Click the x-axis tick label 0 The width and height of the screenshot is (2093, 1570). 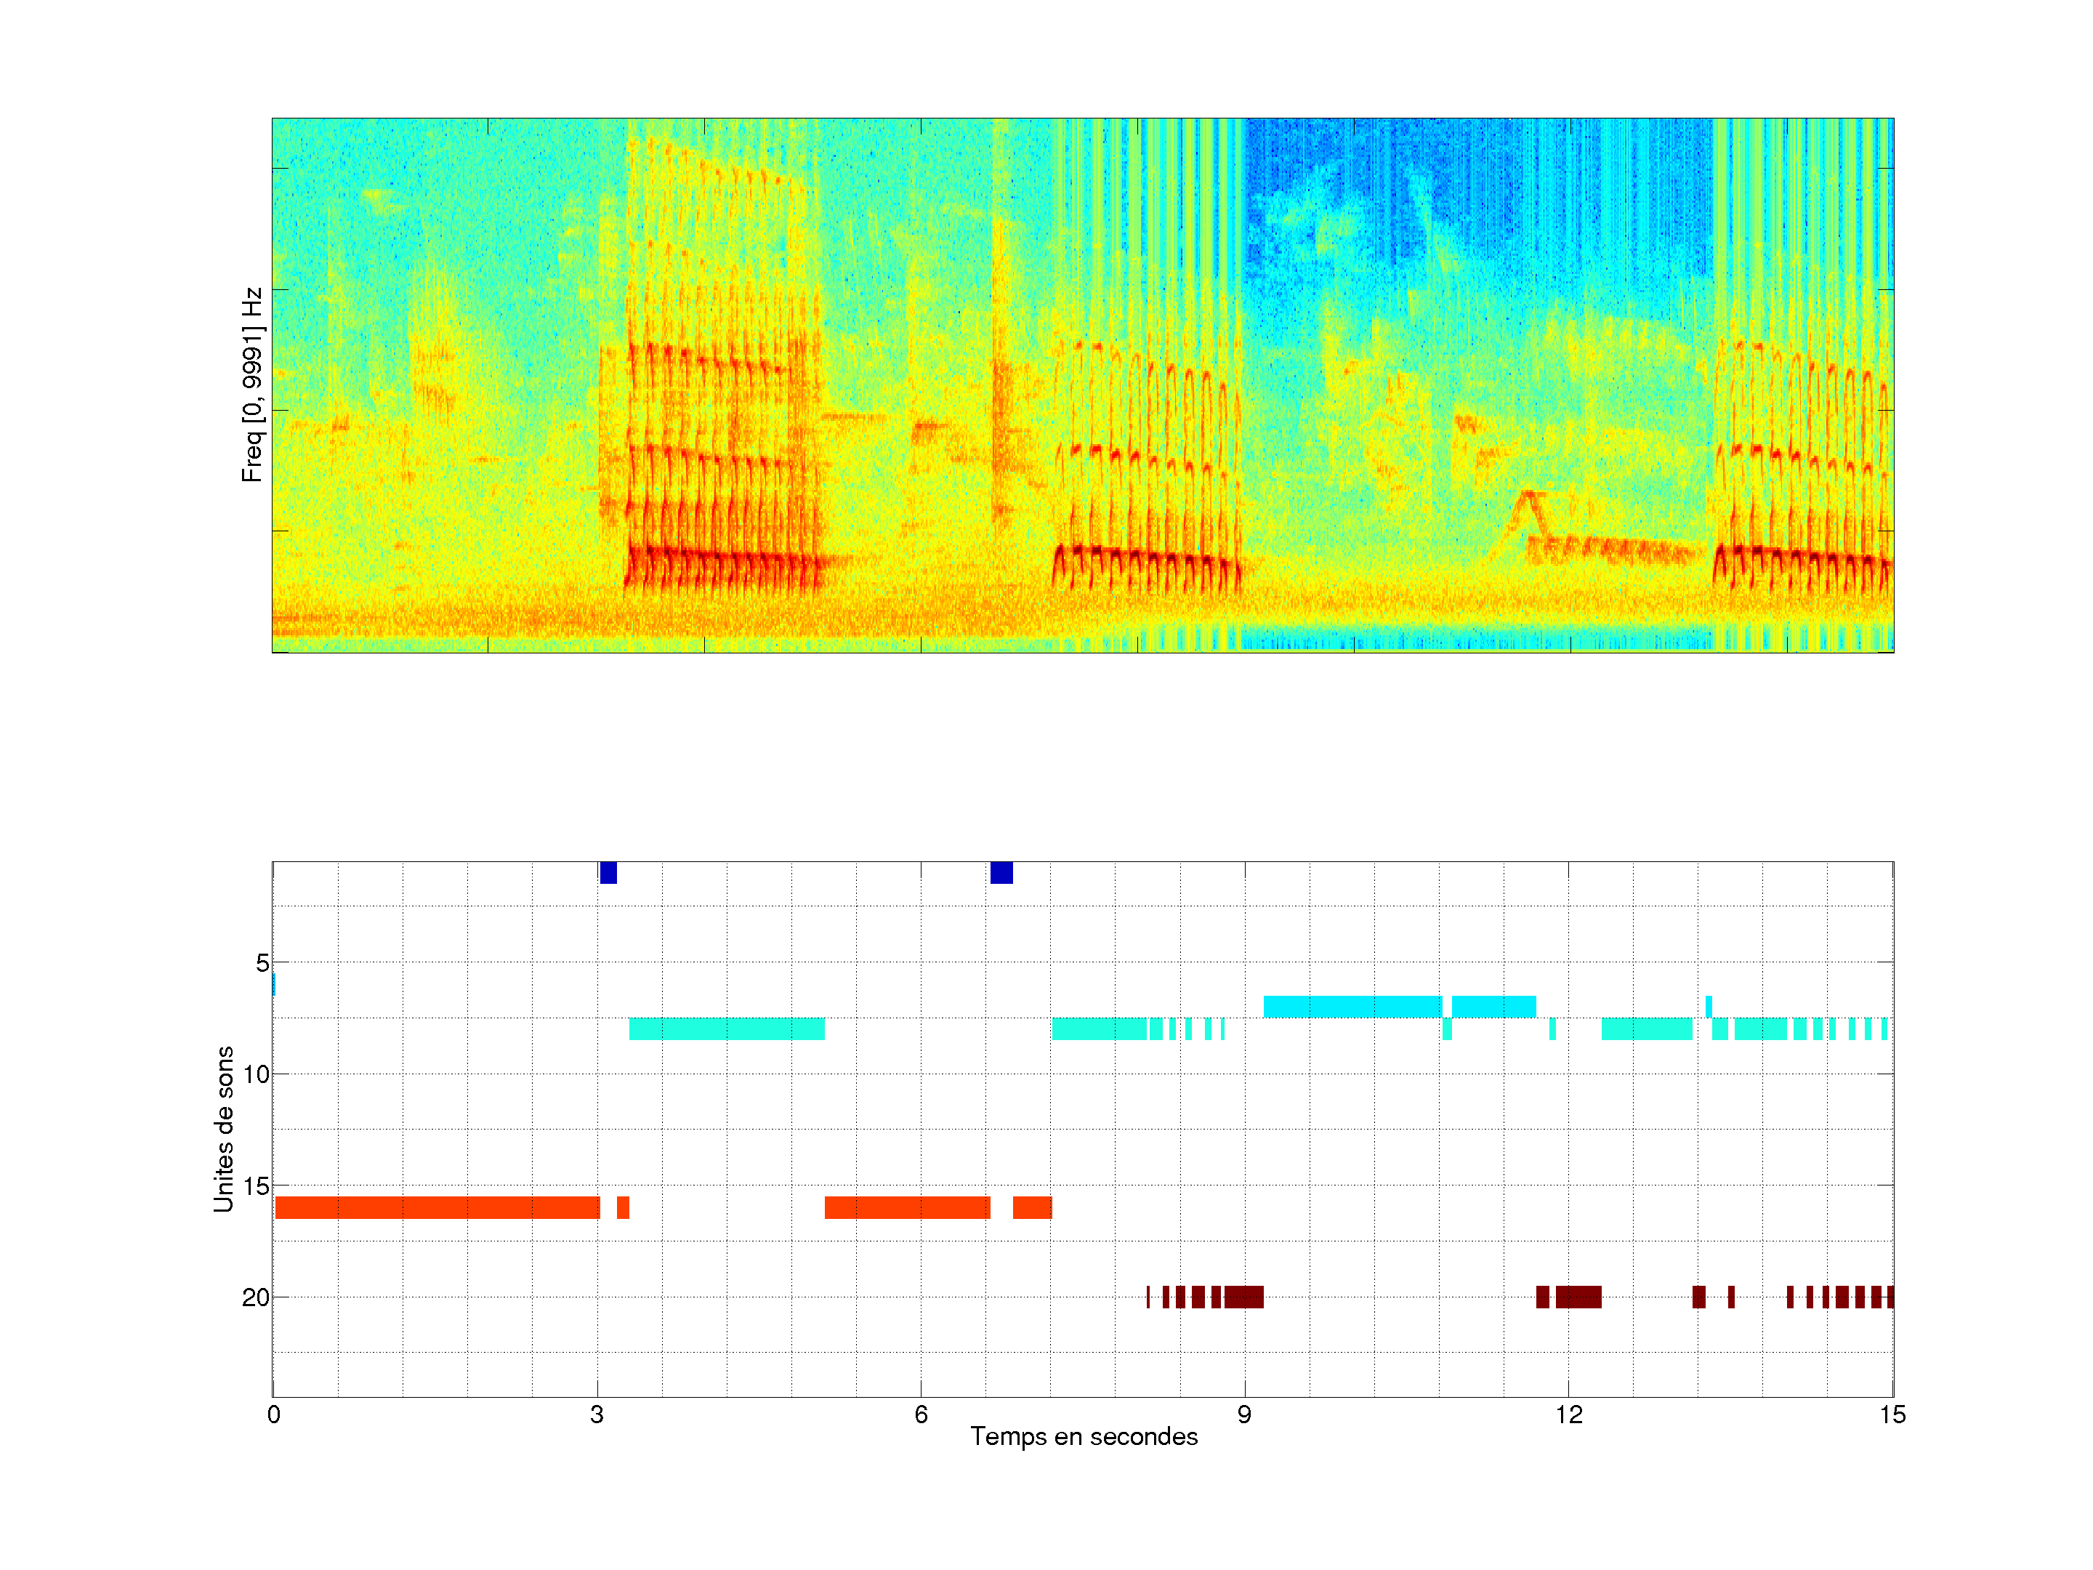pyautogui.click(x=273, y=1414)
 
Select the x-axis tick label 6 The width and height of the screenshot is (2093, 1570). pyautogui.click(x=921, y=1414)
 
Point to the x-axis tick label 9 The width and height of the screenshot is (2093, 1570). pyautogui.click(x=1244, y=1414)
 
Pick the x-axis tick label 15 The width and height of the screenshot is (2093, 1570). pyautogui.click(x=1892, y=1414)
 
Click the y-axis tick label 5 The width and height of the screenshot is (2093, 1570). pyautogui.click(x=262, y=963)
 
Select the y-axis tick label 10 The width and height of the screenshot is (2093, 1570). pyautogui.click(x=256, y=1074)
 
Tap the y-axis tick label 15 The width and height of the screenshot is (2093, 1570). pyautogui.click(x=256, y=1185)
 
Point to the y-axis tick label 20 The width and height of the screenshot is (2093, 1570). pyautogui.click(x=256, y=1297)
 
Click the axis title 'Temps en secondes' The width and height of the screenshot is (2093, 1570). pyautogui.click(x=1084, y=1436)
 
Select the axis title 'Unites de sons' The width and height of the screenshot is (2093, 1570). pyautogui.click(x=223, y=1129)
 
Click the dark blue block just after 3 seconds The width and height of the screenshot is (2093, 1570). pyautogui.click(x=608, y=872)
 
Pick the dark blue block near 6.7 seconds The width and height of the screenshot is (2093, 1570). pyautogui.click(x=1001, y=872)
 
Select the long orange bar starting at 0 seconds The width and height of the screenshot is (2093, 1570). pyautogui.click(x=437, y=1207)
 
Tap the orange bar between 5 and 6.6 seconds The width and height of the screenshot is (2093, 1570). pyautogui.click(x=908, y=1207)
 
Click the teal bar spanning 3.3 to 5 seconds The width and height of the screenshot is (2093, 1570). pyautogui.click(x=727, y=1028)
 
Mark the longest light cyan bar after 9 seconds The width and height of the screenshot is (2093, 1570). pyautogui.click(x=1352, y=1007)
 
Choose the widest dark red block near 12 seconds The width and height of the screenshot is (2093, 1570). pyautogui.click(x=1578, y=1297)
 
